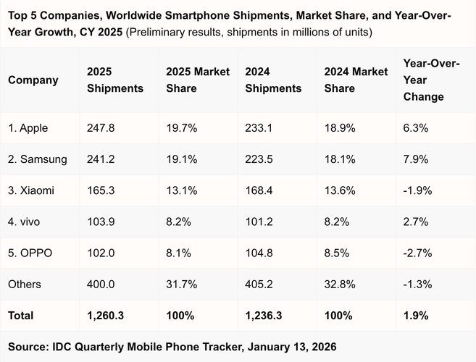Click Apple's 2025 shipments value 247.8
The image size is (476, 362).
click(101, 128)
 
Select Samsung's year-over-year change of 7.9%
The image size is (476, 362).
click(417, 159)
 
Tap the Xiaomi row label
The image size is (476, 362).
click(31, 190)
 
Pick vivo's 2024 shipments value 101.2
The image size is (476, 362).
click(259, 222)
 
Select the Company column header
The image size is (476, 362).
click(33, 80)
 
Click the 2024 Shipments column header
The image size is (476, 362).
click(273, 80)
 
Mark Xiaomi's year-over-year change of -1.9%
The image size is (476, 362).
click(418, 190)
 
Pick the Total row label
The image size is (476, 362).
click(21, 316)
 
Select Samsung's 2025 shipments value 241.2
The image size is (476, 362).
click(101, 159)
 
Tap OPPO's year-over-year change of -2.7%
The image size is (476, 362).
click(418, 253)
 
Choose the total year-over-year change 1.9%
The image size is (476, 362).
click(417, 316)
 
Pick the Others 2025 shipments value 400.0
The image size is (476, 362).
click(101, 285)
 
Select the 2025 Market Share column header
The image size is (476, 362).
click(198, 80)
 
